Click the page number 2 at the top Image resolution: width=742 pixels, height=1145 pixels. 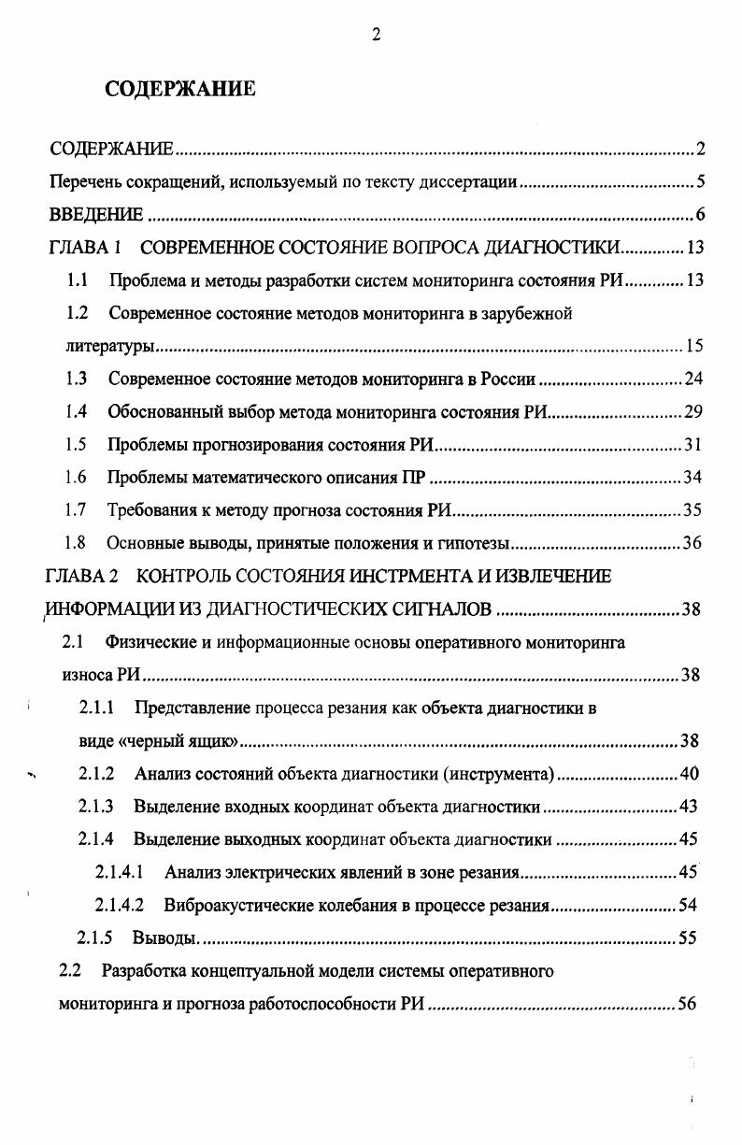376,36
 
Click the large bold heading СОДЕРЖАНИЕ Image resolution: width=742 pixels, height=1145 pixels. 179,90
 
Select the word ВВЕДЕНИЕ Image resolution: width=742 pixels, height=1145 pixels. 96,216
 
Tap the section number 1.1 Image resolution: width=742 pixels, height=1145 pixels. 78,280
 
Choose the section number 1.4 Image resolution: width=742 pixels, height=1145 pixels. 77,412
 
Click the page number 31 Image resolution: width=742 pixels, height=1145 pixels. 692,445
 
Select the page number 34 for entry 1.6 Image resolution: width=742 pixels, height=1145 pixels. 692,479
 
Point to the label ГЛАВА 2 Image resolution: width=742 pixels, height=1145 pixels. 84,577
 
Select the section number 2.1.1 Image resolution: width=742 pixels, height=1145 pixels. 97,708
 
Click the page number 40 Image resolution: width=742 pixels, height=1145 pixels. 691,774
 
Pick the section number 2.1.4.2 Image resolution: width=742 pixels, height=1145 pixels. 119,906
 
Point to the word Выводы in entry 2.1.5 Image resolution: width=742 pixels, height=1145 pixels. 164,938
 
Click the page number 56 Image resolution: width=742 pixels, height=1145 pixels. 688,1005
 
